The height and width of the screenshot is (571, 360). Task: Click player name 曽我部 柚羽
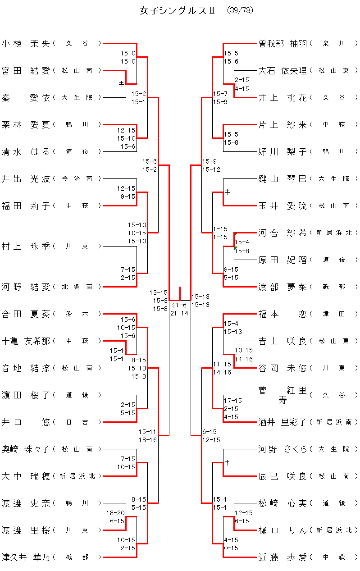(283, 44)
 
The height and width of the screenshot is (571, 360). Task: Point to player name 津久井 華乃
(26, 557)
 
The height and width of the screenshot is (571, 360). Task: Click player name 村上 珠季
(26, 247)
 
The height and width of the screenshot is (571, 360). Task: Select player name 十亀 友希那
(26, 341)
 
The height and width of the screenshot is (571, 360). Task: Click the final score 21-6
(179, 305)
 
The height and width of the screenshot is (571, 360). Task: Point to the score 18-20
(115, 513)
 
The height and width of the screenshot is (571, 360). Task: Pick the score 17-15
(232, 401)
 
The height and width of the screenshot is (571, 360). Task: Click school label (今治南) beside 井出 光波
(77, 179)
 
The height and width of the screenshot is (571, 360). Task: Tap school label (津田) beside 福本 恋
(334, 314)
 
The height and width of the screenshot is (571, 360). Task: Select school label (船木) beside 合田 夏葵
(77, 314)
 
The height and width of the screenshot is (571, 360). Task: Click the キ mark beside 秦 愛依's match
(121, 84)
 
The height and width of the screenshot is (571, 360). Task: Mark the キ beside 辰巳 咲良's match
(228, 462)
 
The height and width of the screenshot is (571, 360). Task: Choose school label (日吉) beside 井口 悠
(77, 422)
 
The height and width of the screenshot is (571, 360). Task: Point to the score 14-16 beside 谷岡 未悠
(243, 359)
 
